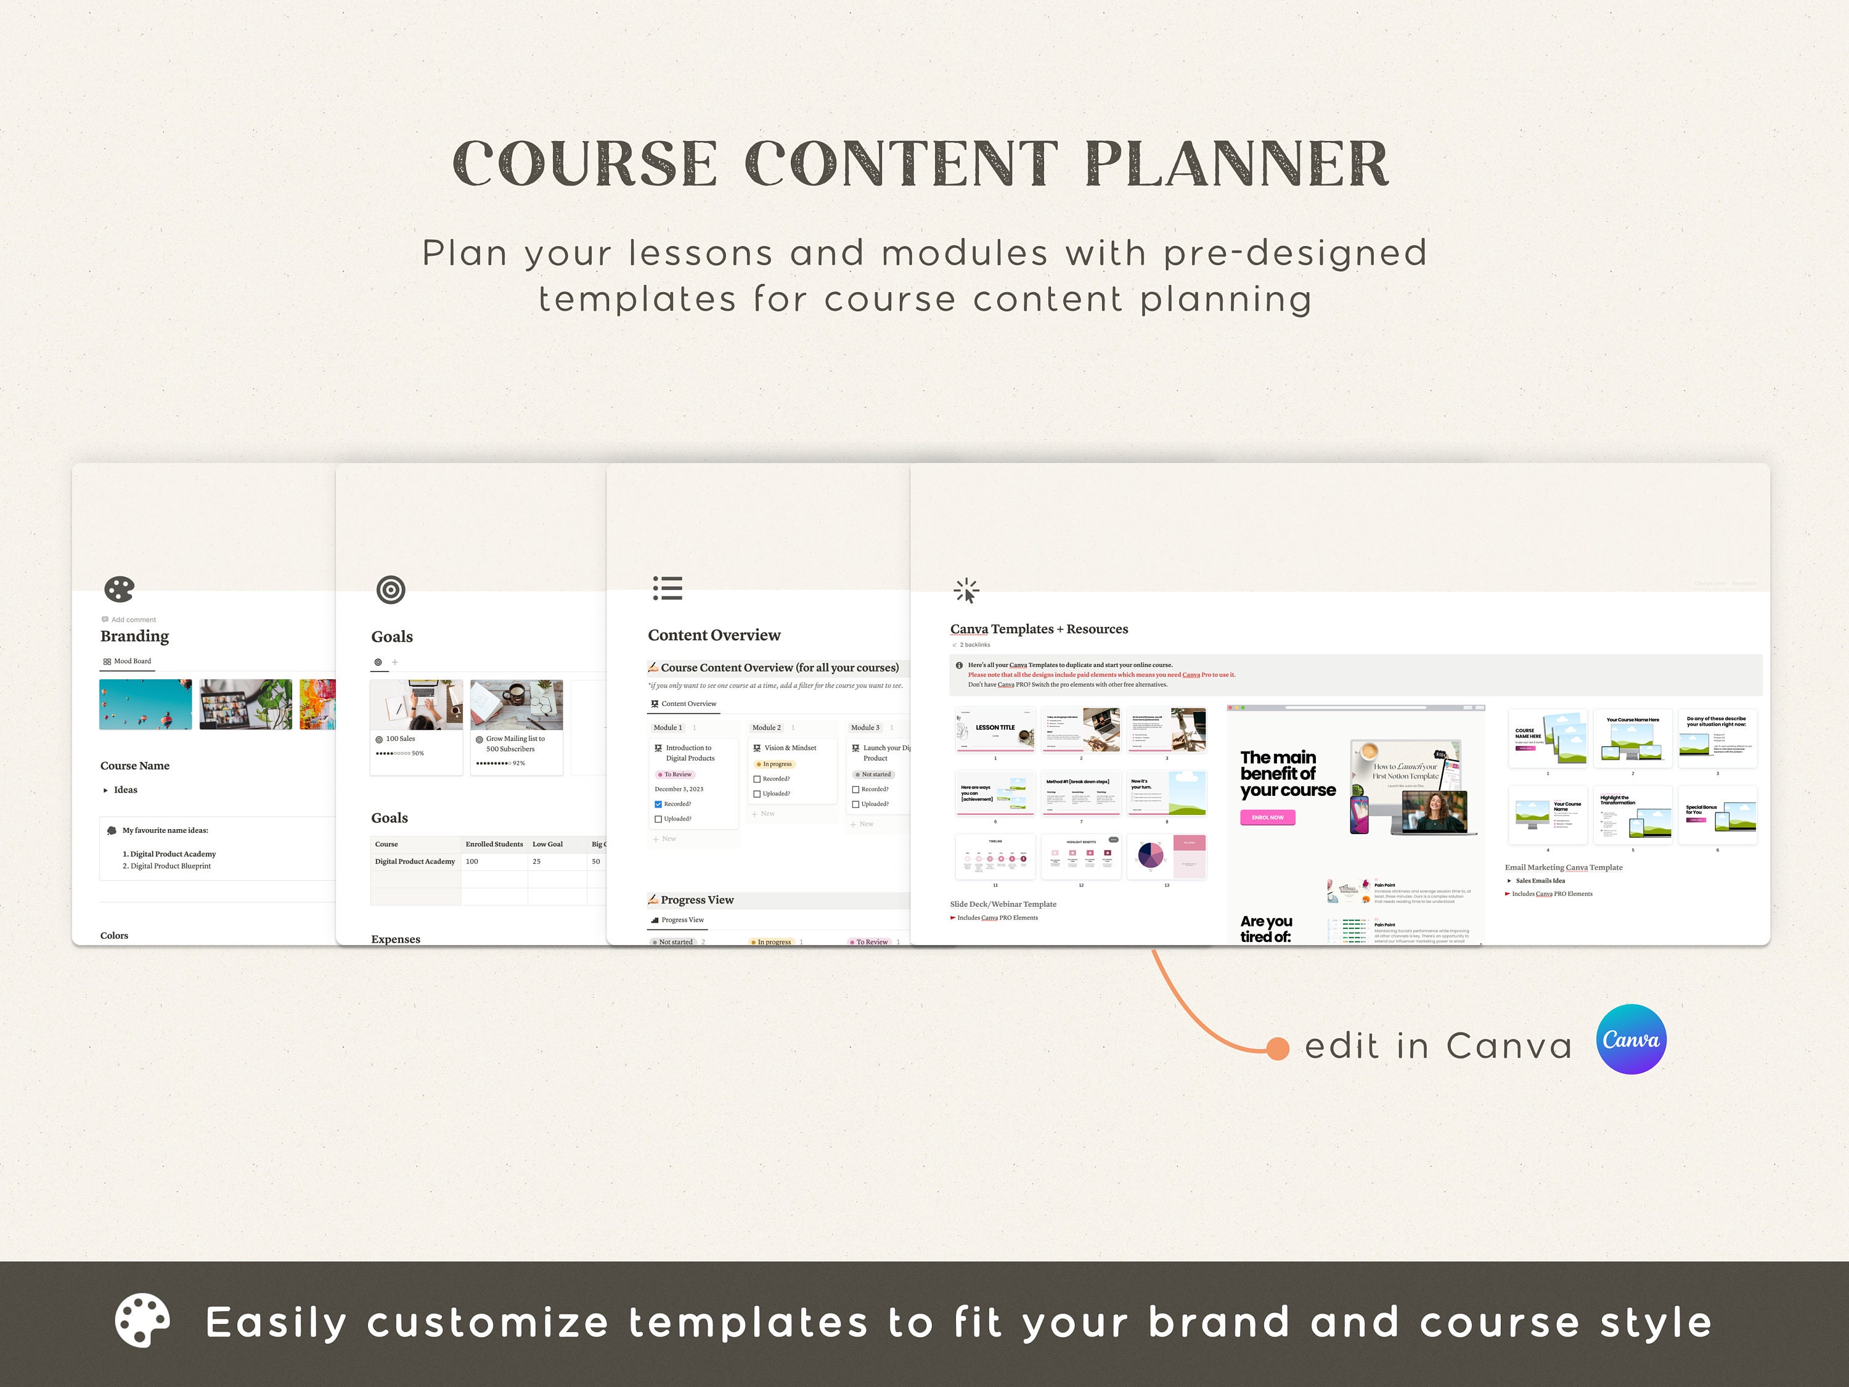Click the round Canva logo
[1630, 1039]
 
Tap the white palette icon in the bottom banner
[142, 1321]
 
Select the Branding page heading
[134, 636]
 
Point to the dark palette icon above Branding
[119, 589]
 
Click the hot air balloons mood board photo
[145, 704]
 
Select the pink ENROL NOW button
[1267, 817]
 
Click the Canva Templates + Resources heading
[1039, 629]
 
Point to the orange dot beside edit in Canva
[1277, 1049]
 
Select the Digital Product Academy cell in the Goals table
[415, 861]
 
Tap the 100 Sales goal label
[401, 739]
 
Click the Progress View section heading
[697, 899]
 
